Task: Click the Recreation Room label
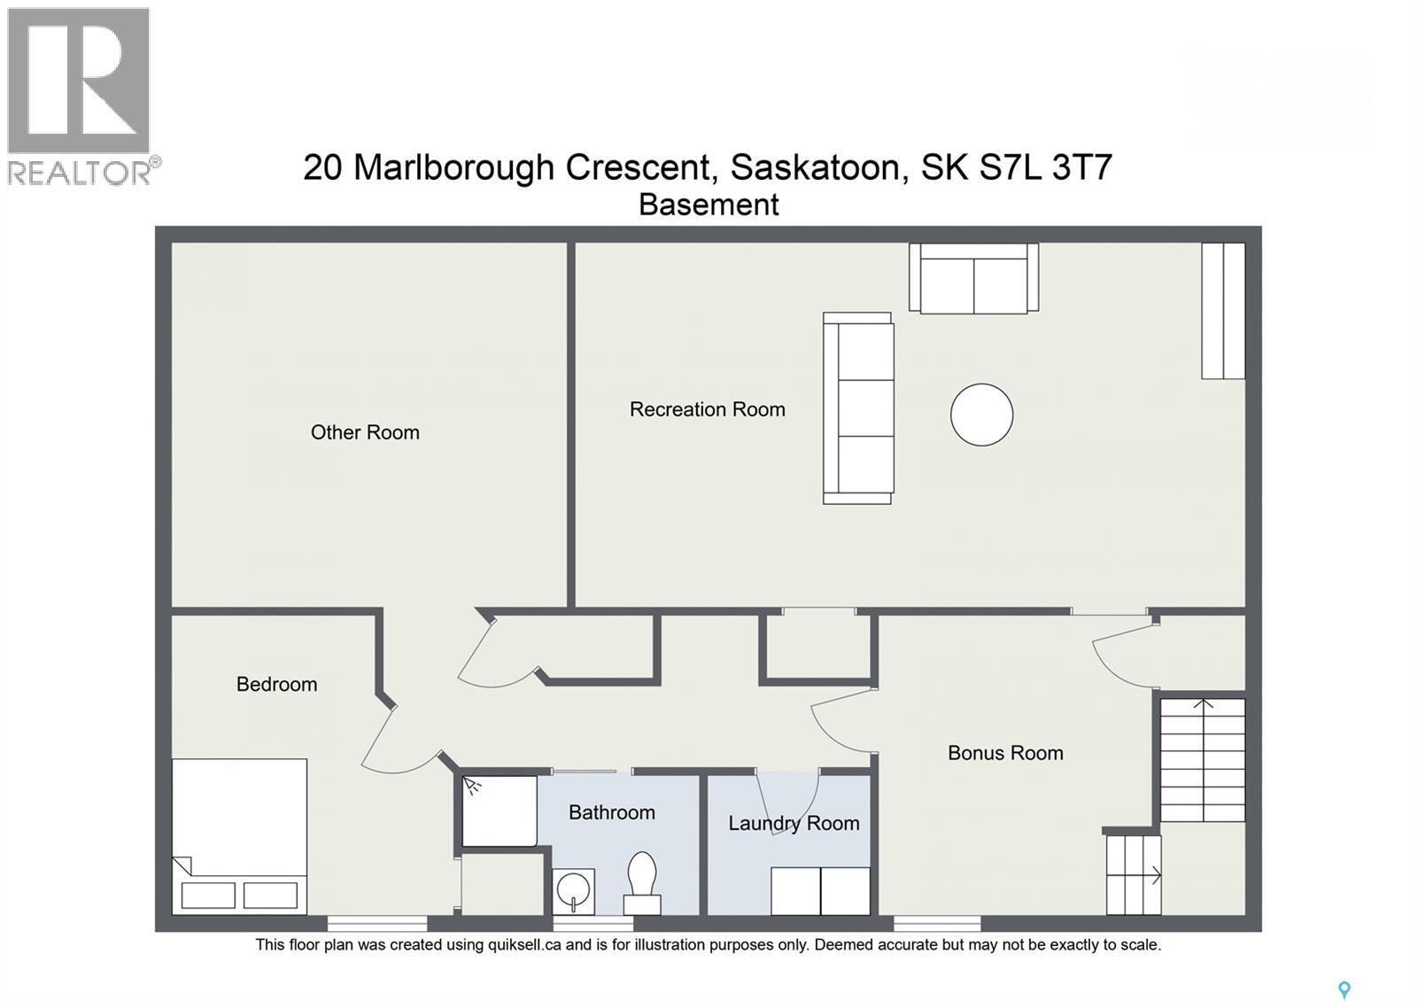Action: coord(707,409)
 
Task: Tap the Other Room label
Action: coord(365,432)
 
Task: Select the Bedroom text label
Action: coord(276,684)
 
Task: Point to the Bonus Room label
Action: coord(1005,753)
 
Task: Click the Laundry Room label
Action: coord(794,823)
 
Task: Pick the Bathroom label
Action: coord(611,812)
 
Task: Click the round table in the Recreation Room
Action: coord(981,415)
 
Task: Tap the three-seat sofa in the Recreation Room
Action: coord(857,408)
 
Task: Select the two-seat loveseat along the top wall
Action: coord(973,278)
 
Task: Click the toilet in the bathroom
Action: coord(642,881)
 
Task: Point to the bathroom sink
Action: coord(573,889)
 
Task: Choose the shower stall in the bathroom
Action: coord(499,811)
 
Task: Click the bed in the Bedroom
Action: coord(239,835)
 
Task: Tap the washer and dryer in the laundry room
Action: coord(820,890)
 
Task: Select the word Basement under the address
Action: coord(708,205)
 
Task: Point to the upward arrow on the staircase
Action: coord(1203,705)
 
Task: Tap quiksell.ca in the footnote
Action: coord(524,944)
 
